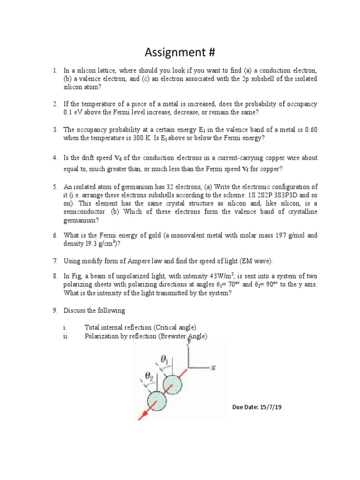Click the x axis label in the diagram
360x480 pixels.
point(212,368)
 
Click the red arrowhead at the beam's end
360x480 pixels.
point(141,415)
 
